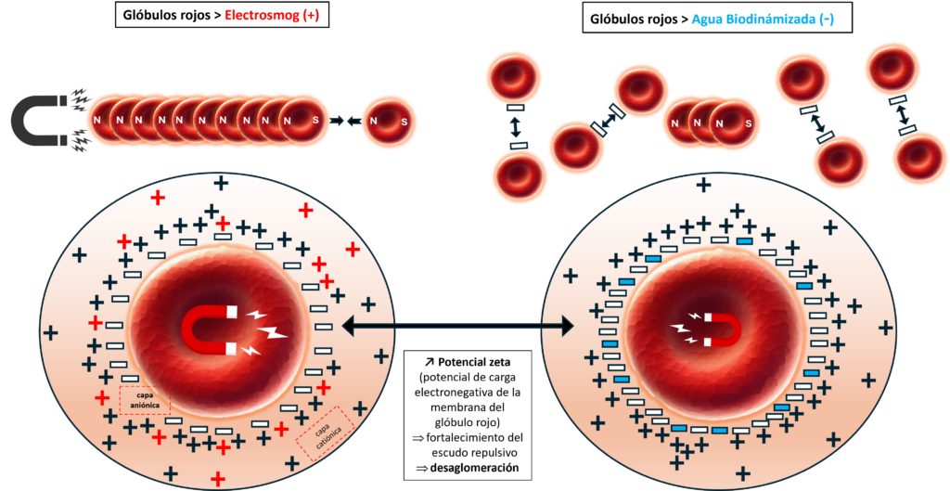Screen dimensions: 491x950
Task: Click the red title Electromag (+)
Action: point(272,16)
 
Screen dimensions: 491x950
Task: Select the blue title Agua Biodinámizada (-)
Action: point(763,19)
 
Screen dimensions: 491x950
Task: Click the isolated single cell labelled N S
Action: point(389,122)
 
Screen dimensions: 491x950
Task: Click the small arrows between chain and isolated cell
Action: point(344,122)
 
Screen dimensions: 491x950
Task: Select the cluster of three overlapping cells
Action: point(711,123)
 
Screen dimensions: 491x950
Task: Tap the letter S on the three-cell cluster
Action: point(748,123)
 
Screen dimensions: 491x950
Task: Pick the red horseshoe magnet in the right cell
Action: point(722,329)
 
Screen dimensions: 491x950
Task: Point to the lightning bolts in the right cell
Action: point(685,329)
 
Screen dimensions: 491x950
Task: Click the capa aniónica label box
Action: point(145,400)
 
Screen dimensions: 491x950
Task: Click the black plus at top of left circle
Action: point(221,184)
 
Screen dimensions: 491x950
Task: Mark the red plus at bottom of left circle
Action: point(218,479)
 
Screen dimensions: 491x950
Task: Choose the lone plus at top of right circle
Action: point(704,185)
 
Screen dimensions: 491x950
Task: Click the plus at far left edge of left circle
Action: point(50,332)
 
